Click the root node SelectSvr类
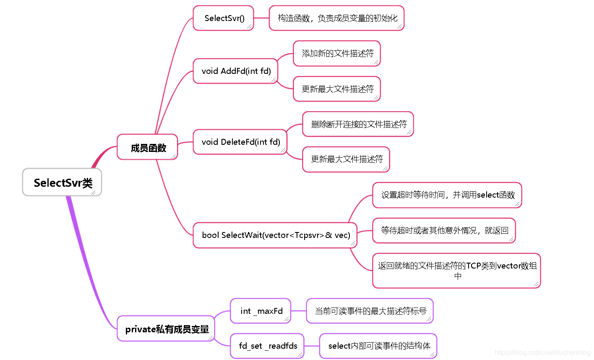pyautogui.click(x=62, y=183)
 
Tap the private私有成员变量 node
pyautogui.click(x=166, y=329)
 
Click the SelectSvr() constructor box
pyautogui.click(x=224, y=18)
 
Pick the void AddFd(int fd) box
pyautogui.click(x=236, y=71)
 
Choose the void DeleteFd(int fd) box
pyautogui.click(x=240, y=142)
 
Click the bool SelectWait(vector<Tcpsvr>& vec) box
pyautogui.click(x=275, y=235)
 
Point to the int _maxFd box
pyautogui.click(x=261, y=311)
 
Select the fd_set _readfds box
pyautogui.click(x=267, y=346)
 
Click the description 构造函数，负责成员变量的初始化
pyautogui.click(x=336, y=18)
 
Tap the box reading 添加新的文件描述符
pyautogui.click(x=337, y=53)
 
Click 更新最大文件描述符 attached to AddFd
pyautogui.click(x=337, y=89)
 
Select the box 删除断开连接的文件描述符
pyautogui.click(x=358, y=124)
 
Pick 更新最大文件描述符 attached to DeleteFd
pyautogui.click(x=346, y=159)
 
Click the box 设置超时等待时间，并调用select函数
pyautogui.click(x=447, y=195)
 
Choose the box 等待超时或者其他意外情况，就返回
pyautogui.click(x=444, y=230)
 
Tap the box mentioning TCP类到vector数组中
pyautogui.click(x=456, y=271)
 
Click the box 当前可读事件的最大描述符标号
pyautogui.click(x=370, y=311)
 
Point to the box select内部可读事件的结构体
pyautogui.click(x=378, y=346)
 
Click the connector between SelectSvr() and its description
pyautogui.click(x=261, y=18)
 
